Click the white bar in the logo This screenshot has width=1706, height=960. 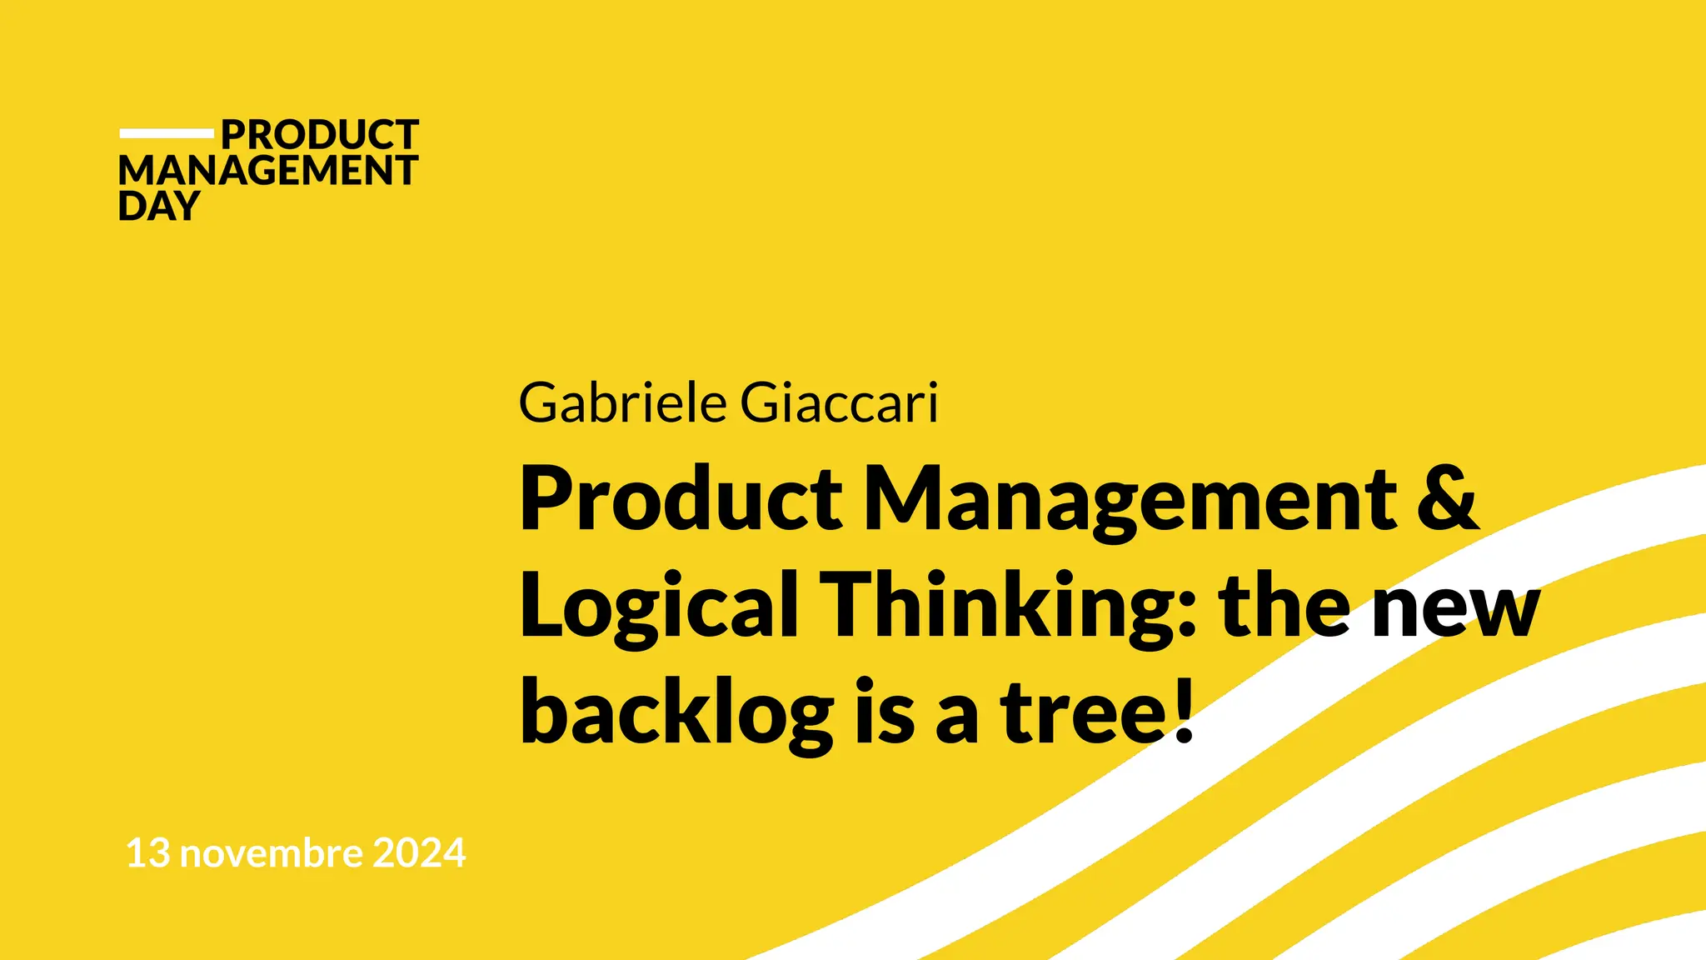tap(167, 133)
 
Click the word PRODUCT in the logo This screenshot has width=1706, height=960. tap(319, 135)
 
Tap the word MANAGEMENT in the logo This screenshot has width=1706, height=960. tap(267, 171)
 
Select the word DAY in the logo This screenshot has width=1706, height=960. tap(159, 206)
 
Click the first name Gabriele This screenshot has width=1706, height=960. tap(623, 403)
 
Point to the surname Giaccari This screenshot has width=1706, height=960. tap(839, 403)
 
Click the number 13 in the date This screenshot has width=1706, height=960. tap(147, 853)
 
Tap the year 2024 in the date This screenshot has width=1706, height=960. tap(419, 853)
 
